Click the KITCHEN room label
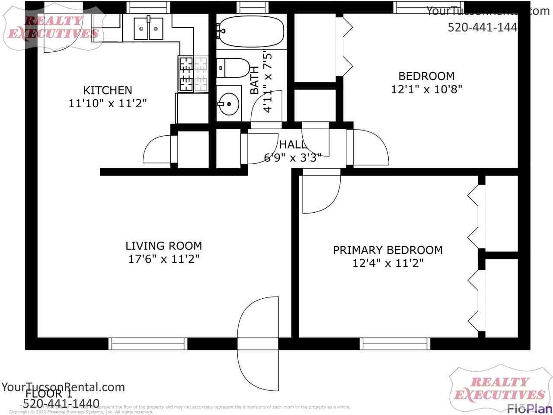(107, 90)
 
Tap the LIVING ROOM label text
(163, 246)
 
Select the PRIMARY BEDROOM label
(387, 250)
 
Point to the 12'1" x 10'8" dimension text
(426, 89)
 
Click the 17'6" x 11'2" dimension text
(163, 259)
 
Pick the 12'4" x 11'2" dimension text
(387, 263)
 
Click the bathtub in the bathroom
(251, 31)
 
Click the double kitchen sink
(148, 29)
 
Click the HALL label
(292, 144)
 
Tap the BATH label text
(255, 80)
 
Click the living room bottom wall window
(147, 344)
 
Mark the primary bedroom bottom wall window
(395, 344)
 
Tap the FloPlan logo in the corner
(530, 408)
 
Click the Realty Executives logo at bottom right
(499, 388)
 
